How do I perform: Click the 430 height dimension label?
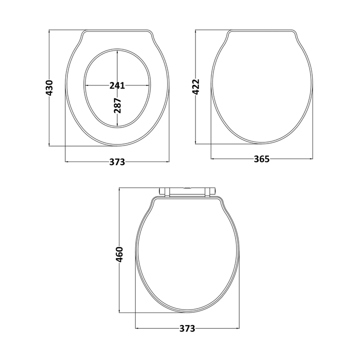point(49,88)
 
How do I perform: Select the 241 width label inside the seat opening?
point(117,86)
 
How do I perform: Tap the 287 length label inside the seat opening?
point(117,105)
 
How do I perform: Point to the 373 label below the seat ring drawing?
point(117,162)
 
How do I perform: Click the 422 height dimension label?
point(196,87)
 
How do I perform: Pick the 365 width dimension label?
point(261,159)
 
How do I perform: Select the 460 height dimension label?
point(120,255)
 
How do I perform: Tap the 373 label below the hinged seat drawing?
point(187,329)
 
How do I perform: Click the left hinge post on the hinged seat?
point(167,192)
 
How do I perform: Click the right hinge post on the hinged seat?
point(208,192)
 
